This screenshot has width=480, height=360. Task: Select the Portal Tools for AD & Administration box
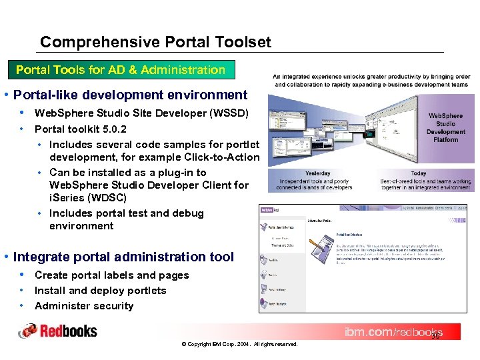click(121, 70)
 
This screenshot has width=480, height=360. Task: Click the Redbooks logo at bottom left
click(58, 331)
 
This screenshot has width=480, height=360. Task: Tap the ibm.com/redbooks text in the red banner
click(393, 332)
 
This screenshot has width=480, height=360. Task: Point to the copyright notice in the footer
click(239, 344)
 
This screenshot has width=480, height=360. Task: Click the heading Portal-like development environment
click(130, 95)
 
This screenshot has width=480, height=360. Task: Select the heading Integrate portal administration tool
click(123, 257)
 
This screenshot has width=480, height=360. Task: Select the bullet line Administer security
click(84, 306)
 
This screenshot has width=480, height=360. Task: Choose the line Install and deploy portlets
click(100, 291)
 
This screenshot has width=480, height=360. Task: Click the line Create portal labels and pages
click(111, 275)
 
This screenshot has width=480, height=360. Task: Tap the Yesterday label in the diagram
click(317, 173)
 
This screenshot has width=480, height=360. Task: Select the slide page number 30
click(435, 336)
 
